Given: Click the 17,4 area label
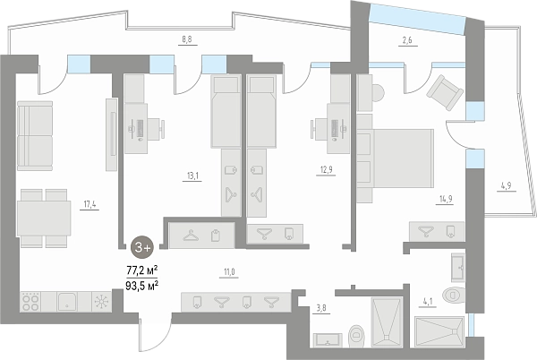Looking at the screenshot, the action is coord(89,204).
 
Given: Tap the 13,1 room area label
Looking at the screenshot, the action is coord(192,176).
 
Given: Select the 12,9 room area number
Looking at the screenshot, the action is coord(326,170).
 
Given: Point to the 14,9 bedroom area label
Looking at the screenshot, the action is coord(446,199).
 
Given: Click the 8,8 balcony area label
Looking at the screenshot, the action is coord(187,39).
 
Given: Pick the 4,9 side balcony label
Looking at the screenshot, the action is coord(506,185).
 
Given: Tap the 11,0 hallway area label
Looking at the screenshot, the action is coord(229,272).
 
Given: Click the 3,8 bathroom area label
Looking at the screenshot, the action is coord(321,308).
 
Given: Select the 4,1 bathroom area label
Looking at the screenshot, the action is coord(428,302).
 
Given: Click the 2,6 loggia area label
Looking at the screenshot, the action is coord(407,40).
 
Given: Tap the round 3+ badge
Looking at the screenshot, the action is coord(142,247).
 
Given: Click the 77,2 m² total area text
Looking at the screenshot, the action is coord(142,270).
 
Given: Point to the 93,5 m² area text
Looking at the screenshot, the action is coord(141,286).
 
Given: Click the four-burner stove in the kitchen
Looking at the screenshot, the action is coord(30,302).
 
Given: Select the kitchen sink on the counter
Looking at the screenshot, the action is coord(67,302).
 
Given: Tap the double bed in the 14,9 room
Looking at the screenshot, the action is coord(396,159).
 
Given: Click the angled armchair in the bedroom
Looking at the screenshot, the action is coord(445,92).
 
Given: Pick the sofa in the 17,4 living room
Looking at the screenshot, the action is coord(35,135).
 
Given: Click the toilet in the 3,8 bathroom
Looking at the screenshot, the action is coord(356,335).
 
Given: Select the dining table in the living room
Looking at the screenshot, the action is coord(44,218).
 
